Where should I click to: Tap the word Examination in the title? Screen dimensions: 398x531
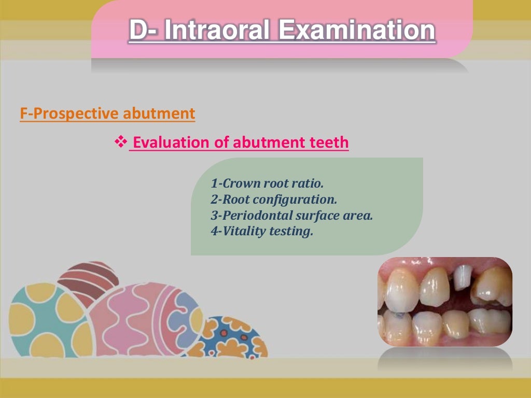coord(357,30)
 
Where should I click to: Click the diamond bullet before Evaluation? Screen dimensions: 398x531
coord(120,141)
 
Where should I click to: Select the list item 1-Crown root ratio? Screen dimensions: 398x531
coord(267,183)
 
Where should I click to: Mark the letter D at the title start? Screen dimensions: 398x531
coord(139,30)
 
